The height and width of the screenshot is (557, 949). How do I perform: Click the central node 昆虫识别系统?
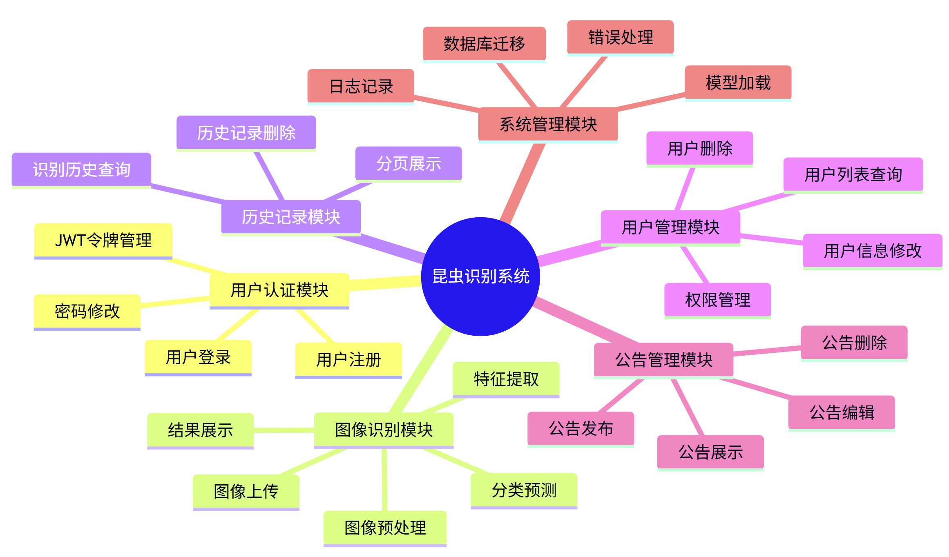click(480, 276)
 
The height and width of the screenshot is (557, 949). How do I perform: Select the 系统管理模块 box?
click(548, 124)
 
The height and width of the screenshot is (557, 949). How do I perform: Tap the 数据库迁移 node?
click(484, 44)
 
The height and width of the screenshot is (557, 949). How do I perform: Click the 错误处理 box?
click(620, 37)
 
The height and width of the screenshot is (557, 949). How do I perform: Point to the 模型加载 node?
click(738, 82)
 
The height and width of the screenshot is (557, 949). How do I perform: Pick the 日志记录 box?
click(361, 86)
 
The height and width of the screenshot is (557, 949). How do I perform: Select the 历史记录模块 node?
click(291, 217)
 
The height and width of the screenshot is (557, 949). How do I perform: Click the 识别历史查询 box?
click(81, 169)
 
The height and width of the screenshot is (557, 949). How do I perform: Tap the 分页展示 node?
click(409, 163)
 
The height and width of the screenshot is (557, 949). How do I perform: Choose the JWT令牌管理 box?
click(103, 240)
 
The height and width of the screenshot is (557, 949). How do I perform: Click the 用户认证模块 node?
click(279, 290)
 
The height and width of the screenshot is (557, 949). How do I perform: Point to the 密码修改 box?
click(87, 311)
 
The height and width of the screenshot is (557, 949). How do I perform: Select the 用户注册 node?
click(348, 359)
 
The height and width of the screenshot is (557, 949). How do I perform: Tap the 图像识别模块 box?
click(384, 430)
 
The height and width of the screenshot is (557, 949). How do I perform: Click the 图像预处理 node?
click(385, 528)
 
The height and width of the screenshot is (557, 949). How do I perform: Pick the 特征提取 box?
click(506, 379)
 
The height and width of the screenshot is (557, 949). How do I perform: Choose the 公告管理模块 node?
click(663, 360)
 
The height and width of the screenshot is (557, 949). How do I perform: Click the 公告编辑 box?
click(842, 412)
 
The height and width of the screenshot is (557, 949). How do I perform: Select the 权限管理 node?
click(717, 300)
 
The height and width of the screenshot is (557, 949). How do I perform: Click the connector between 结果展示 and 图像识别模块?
click(284, 430)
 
